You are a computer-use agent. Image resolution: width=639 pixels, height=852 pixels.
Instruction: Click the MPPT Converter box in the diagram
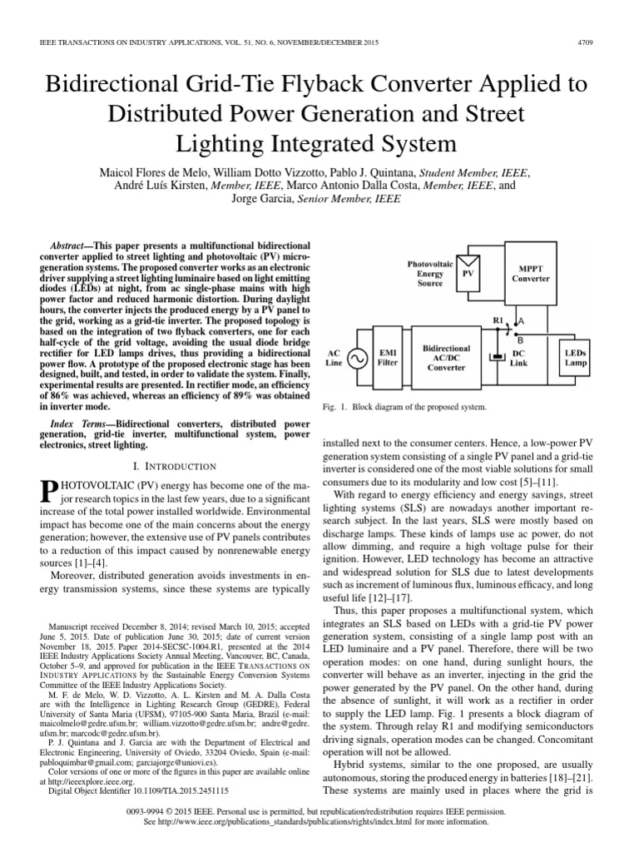tap(530, 272)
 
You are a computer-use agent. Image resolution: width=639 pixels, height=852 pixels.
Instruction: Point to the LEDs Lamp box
tap(575, 357)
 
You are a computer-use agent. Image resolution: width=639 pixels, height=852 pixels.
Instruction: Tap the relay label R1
tap(498, 320)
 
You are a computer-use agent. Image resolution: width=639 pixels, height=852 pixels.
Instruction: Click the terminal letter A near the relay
tap(521, 320)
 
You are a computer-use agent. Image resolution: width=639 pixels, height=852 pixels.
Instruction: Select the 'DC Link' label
tap(519, 358)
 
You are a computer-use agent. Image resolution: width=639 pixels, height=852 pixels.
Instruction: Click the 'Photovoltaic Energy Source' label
tap(429, 273)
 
